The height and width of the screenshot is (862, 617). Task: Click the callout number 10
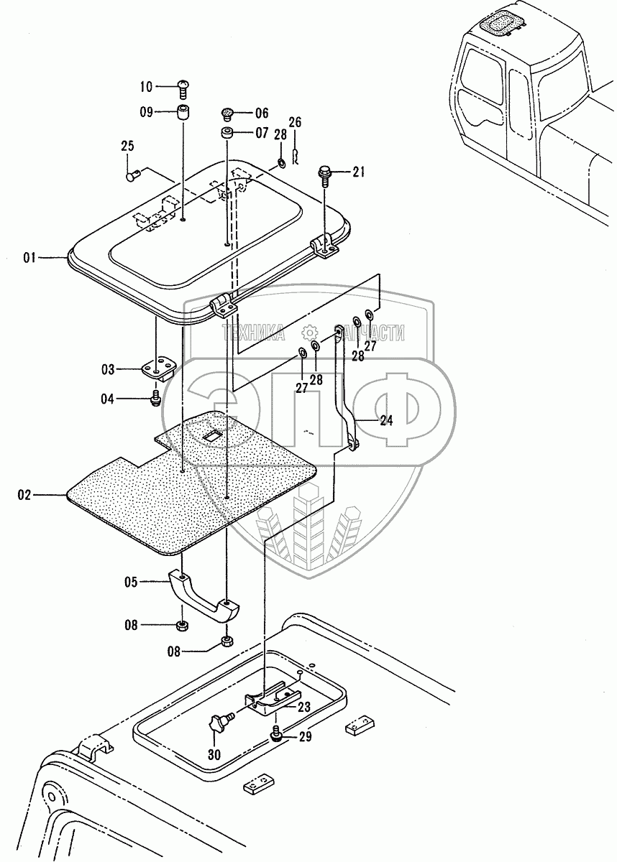146,88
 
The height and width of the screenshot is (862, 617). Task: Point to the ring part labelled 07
227,134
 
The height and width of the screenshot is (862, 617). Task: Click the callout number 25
127,147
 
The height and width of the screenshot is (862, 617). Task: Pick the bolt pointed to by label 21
324,173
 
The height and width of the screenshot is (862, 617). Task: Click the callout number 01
29,256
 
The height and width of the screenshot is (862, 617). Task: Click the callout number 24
386,421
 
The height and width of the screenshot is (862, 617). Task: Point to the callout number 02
24,495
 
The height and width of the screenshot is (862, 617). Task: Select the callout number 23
303,706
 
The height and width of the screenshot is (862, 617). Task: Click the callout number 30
215,754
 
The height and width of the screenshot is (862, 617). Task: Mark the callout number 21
358,171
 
